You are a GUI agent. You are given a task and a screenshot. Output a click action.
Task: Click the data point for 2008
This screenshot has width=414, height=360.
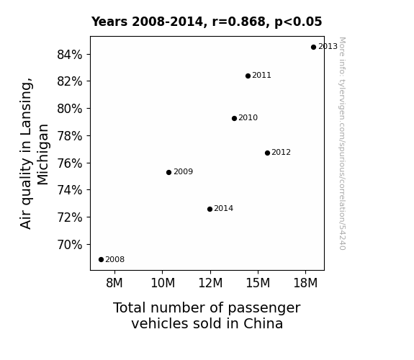(x=101, y=260)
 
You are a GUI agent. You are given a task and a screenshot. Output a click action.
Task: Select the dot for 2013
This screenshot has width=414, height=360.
(x=313, y=48)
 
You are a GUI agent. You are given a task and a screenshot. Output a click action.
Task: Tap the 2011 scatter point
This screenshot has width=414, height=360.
(x=248, y=76)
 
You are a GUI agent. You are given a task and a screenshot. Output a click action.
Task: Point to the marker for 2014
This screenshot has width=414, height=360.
(x=210, y=210)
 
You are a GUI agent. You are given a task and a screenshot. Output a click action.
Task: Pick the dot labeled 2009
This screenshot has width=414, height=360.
(x=168, y=173)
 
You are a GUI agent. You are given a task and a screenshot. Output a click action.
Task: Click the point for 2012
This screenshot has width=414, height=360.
(x=267, y=153)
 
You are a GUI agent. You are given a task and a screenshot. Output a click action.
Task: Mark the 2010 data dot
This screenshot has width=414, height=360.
(x=234, y=118)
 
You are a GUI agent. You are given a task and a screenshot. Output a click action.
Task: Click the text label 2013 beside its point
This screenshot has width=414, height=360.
(x=328, y=47)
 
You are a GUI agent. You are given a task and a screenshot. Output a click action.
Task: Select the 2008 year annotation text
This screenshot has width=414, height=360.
(x=115, y=260)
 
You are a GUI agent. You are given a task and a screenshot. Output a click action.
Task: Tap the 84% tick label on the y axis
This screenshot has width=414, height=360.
(x=69, y=55)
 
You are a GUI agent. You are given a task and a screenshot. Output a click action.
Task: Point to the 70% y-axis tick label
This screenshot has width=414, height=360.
(x=69, y=245)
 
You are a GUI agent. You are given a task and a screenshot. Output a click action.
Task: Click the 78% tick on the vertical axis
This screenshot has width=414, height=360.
(x=69, y=136)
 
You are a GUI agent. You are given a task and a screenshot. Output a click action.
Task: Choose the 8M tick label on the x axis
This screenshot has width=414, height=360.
(x=114, y=283)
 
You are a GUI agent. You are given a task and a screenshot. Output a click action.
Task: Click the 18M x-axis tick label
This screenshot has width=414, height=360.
(x=305, y=283)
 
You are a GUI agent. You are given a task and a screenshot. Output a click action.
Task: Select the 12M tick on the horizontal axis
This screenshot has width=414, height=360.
(x=210, y=283)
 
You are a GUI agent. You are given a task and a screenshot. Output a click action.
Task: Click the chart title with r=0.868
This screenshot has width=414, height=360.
(x=207, y=22)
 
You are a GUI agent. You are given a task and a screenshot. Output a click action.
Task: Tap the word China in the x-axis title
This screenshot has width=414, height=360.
(x=263, y=323)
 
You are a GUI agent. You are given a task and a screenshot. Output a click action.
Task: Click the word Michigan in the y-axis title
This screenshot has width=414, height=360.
(x=42, y=155)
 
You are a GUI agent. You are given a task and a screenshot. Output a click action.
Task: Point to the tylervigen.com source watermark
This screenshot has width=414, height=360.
(x=342, y=143)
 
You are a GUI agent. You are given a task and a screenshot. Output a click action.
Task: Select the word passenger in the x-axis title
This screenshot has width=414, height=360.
(x=264, y=308)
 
